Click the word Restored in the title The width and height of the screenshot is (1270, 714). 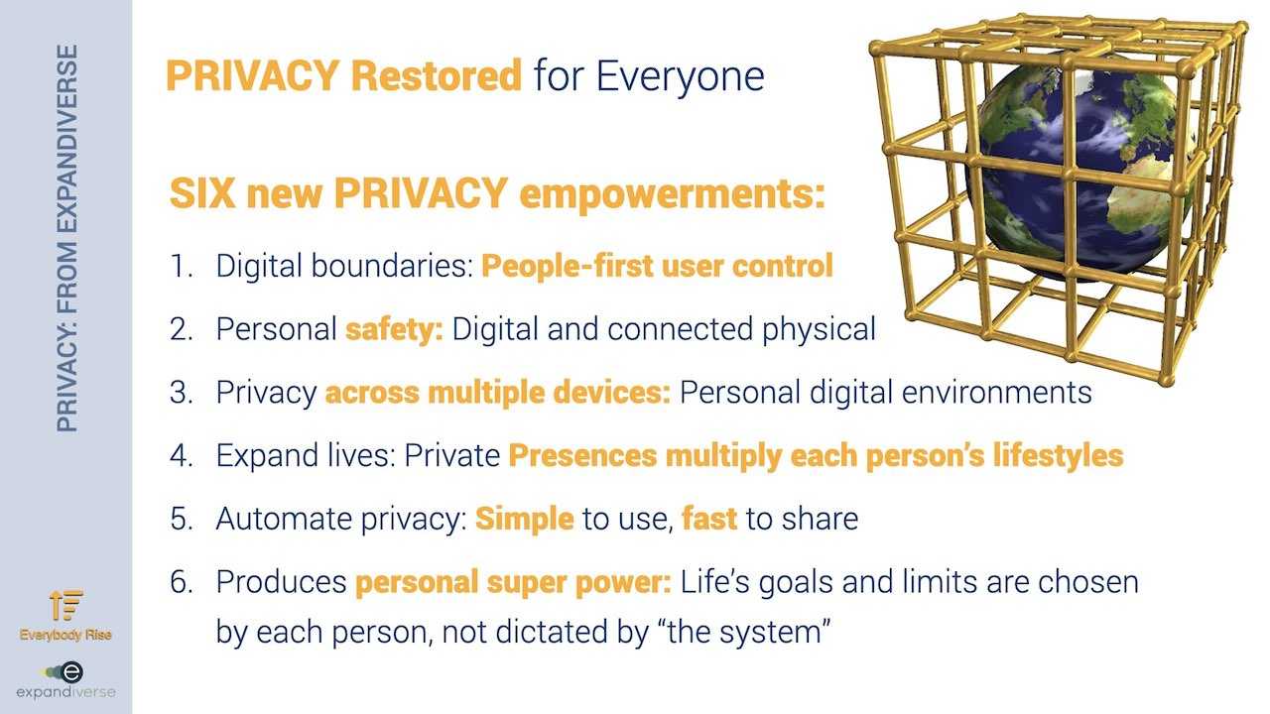click(436, 75)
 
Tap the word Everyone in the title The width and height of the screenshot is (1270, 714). click(680, 76)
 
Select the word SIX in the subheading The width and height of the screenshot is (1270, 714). click(202, 193)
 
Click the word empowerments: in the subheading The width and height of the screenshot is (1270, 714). click(673, 195)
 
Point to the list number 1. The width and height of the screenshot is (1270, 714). click(181, 266)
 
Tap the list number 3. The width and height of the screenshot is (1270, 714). click(181, 392)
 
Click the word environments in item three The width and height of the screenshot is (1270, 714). click(996, 392)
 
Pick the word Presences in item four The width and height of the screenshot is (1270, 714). click(582, 455)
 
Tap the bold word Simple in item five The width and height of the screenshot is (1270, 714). click(525, 519)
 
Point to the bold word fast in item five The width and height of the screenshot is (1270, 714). click(709, 518)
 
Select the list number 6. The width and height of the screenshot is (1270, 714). click(182, 582)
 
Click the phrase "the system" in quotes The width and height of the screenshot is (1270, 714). click(743, 631)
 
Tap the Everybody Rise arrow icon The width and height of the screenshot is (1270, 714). click(65, 605)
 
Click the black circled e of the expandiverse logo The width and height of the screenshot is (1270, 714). click(71, 672)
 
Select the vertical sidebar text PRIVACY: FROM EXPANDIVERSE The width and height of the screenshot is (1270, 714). click(66, 238)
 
